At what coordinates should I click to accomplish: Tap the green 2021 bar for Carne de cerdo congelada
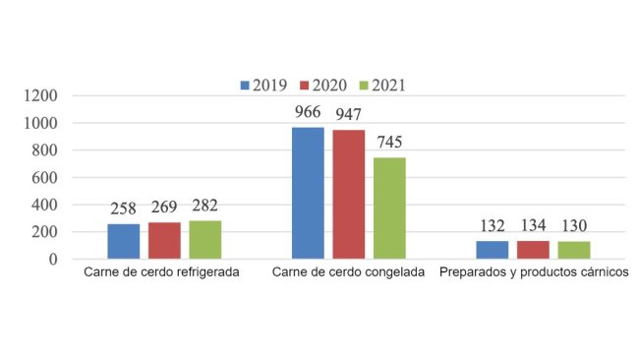(x=389, y=209)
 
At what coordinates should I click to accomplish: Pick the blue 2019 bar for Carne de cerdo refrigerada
(x=123, y=241)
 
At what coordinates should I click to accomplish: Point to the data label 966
(x=308, y=111)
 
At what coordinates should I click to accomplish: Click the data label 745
(x=389, y=142)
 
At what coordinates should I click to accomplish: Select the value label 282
(x=204, y=205)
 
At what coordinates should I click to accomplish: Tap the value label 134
(x=533, y=225)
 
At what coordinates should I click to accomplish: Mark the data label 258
(x=123, y=208)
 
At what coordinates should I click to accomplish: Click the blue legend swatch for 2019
(x=245, y=86)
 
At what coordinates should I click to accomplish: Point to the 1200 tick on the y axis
(x=42, y=96)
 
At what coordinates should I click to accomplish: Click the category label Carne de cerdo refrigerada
(x=163, y=272)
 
